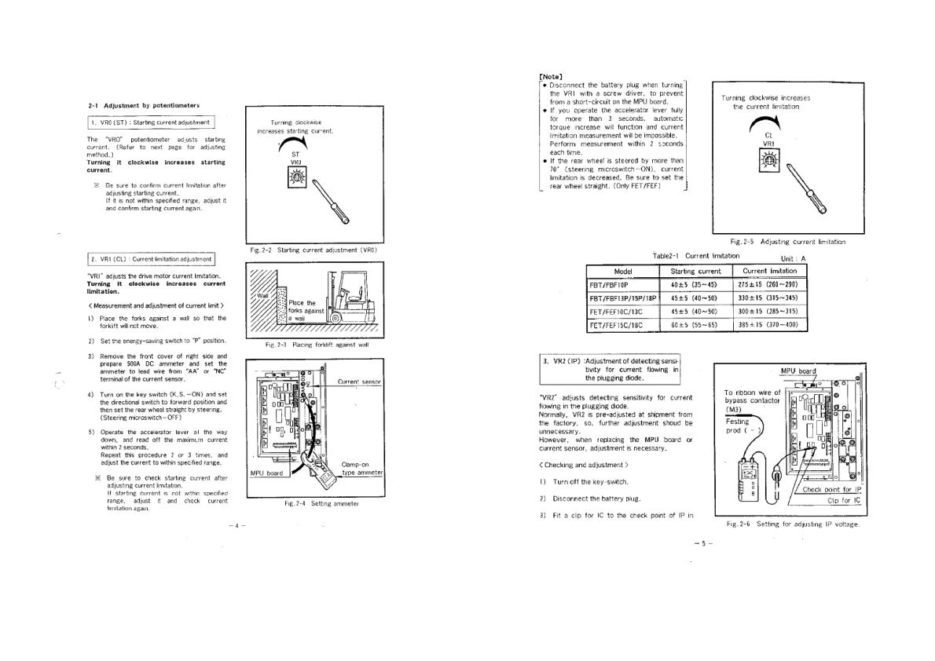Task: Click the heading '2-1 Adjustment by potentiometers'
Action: click(x=143, y=105)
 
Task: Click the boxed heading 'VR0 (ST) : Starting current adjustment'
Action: click(x=151, y=122)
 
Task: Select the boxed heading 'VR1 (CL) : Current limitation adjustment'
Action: click(x=151, y=258)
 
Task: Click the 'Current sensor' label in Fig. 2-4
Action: click(x=359, y=382)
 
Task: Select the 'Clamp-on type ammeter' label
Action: click(x=361, y=468)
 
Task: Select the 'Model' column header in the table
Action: click(x=622, y=271)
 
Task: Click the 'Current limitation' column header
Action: click(x=769, y=271)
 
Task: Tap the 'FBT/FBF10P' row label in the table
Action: click(x=610, y=284)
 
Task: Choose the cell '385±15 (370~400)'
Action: click(x=769, y=324)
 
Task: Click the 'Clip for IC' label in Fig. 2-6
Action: click(x=844, y=500)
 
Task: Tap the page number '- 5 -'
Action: click(x=703, y=542)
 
